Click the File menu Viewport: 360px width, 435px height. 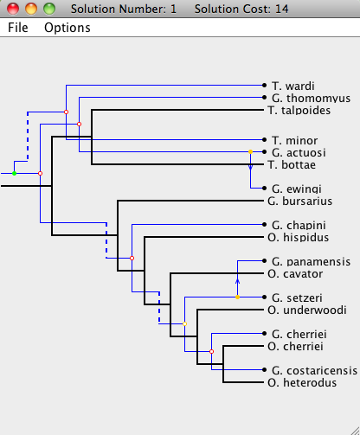[18, 28]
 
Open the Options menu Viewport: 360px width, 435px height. [67, 28]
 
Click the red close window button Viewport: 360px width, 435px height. [13, 9]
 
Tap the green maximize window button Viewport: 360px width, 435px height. [49, 9]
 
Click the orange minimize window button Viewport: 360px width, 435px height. [31, 9]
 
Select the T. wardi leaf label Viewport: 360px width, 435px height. [293, 86]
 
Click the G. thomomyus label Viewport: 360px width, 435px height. [311, 98]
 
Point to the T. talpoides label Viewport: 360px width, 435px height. [299, 110]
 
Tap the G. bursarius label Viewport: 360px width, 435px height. [300, 201]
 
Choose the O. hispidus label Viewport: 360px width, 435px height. [299, 237]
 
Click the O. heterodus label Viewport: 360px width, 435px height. [302, 382]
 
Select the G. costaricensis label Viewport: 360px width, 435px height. [314, 370]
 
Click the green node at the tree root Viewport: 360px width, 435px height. [14, 173]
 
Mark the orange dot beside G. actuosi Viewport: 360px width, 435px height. [250, 151]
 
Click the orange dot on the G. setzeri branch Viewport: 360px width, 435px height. [237, 297]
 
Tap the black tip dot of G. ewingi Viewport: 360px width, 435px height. [264, 188]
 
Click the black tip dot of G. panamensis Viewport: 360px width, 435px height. [264, 260]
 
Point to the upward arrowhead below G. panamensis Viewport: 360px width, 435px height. [237, 281]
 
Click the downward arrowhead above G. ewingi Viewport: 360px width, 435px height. [250, 167]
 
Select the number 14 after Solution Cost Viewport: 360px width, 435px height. [281, 9]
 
